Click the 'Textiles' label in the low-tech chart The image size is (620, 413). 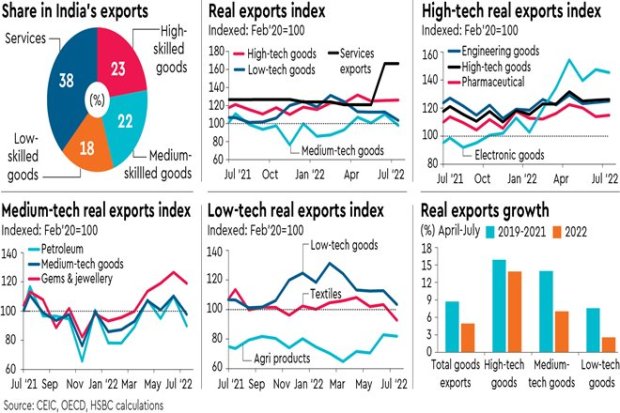tap(328, 296)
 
